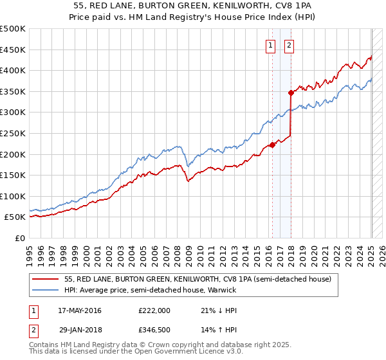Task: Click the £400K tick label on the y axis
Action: tap(13, 71)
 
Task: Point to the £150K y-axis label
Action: tap(13, 175)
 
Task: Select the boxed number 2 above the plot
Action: tap(289, 45)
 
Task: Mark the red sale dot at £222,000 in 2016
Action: tap(272, 145)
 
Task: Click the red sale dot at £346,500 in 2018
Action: tap(291, 93)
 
